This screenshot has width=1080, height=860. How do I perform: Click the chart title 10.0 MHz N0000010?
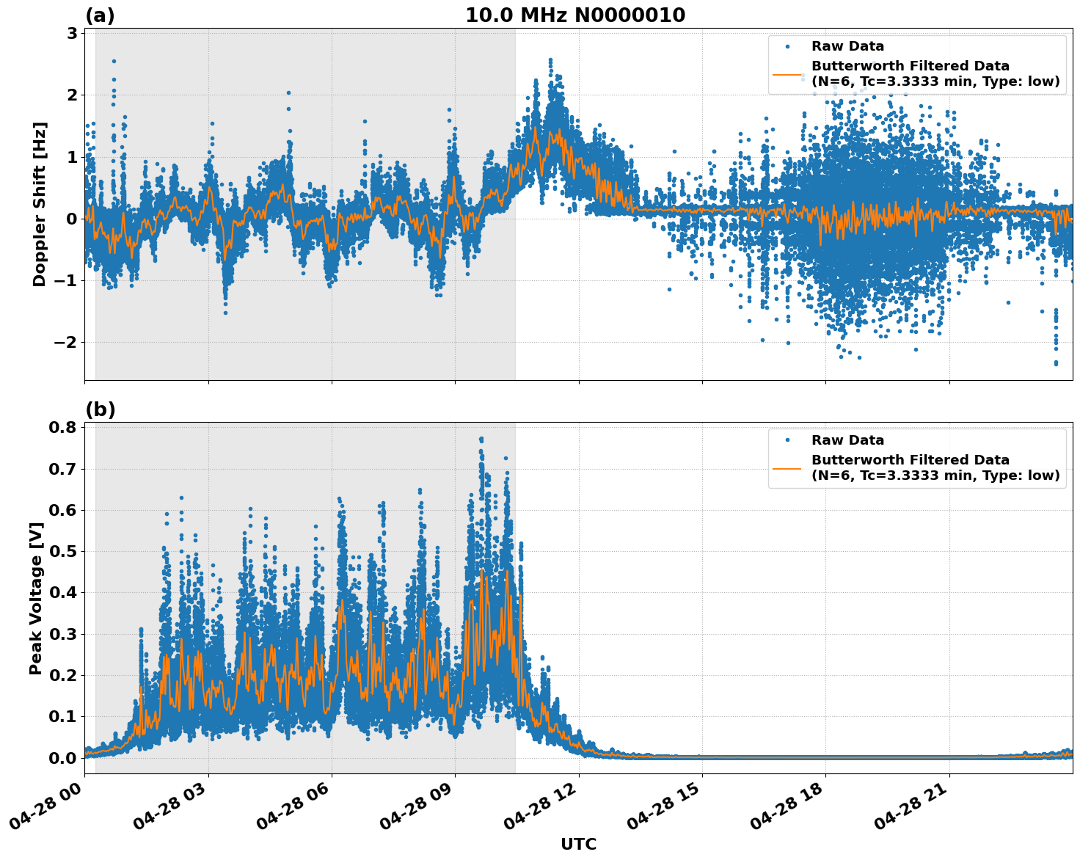click(574, 15)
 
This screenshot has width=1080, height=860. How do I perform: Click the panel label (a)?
click(100, 15)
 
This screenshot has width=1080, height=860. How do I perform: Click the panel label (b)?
click(100, 409)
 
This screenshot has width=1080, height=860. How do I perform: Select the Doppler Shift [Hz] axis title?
click(40, 204)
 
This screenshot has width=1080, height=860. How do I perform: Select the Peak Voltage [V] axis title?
click(36, 598)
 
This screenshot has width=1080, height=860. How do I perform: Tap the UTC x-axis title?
click(578, 844)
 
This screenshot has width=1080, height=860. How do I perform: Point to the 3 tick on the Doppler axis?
click(72, 33)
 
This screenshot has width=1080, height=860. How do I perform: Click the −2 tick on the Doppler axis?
click(66, 343)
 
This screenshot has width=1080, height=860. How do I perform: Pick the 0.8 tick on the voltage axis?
click(62, 427)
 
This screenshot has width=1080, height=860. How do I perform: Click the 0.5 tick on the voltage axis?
click(62, 551)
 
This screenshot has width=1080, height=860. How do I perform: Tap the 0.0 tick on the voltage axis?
click(62, 758)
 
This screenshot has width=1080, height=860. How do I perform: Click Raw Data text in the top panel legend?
click(847, 46)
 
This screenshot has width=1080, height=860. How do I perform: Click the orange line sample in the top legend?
click(787, 74)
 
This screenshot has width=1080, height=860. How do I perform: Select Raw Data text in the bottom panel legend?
click(847, 440)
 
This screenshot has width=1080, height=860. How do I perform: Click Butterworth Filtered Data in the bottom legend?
click(910, 460)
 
